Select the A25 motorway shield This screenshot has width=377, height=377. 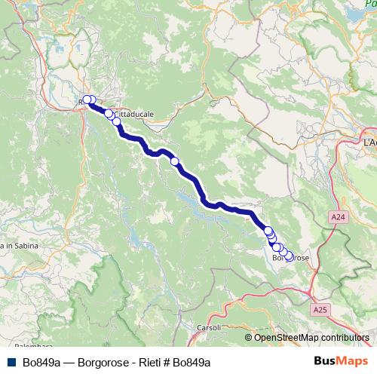coord(320,309)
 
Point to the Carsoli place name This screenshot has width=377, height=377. coord(208,327)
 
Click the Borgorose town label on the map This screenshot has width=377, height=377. coord(290,259)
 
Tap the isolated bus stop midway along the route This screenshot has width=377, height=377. coord(175,161)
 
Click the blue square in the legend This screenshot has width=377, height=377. coord(12,362)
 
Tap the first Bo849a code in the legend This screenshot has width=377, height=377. coord(41,362)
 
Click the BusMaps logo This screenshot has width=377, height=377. coord(342,361)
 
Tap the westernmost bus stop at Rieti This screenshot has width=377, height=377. coord(87,100)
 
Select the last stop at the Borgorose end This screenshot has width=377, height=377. coord(289,257)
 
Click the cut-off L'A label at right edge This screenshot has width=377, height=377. coord(369,142)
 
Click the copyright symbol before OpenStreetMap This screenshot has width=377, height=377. coord(249,337)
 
